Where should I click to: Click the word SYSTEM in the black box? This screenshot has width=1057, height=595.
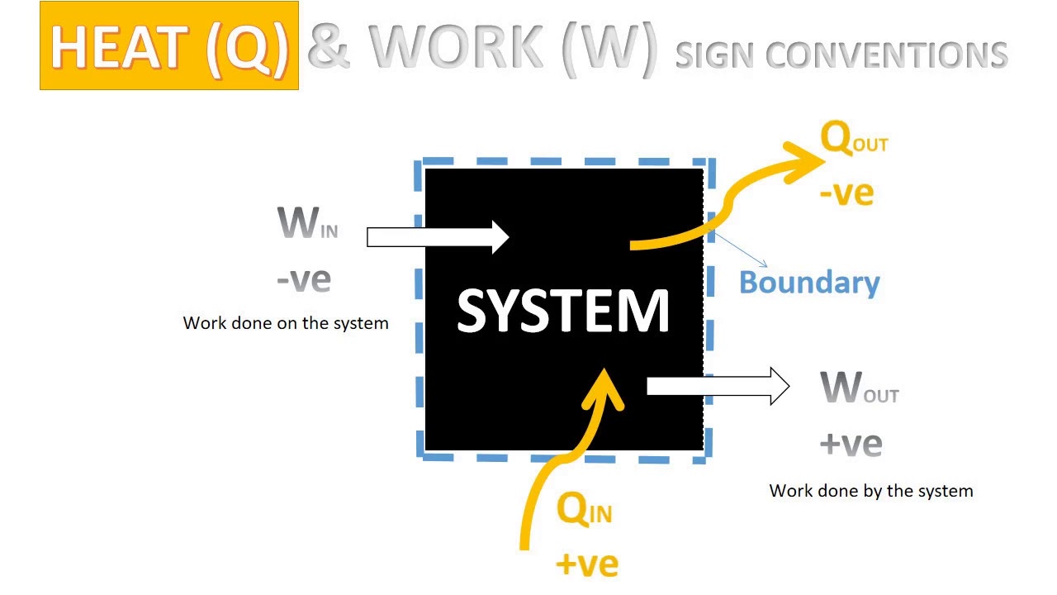point(562,312)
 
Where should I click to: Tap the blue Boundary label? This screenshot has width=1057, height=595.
point(809,283)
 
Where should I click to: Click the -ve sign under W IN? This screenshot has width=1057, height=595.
point(304,279)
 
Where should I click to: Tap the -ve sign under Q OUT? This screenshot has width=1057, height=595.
point(846,193)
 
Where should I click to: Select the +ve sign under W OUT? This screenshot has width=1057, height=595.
point(851,444)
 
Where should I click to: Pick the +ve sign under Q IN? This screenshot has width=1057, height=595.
point(587,564)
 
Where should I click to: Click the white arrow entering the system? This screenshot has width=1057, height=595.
point(438,237)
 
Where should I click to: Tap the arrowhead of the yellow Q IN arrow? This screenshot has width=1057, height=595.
point(604,389)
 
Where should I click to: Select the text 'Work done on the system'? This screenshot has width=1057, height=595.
point(286,323)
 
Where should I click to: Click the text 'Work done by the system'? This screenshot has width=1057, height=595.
point(871,491)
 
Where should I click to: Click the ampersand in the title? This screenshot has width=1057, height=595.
point(329,48)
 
